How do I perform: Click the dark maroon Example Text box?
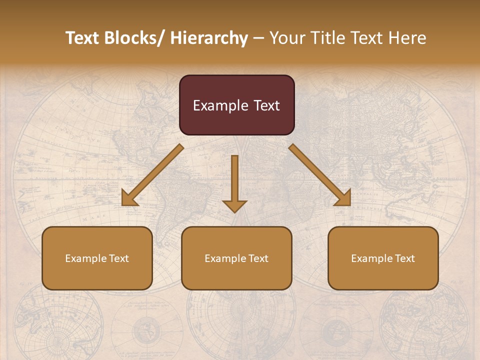(x=236, y=105)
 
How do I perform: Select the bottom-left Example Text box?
(x=97, y=258)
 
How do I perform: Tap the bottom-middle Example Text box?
(x=236, y=258)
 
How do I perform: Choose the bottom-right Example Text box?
(x=383, y=258)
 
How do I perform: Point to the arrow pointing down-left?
(x=153, y=175)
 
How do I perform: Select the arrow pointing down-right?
(x=320, y=175)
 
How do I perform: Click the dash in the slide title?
(x=258, y=38)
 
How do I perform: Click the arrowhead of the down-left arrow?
(x=129, y=198)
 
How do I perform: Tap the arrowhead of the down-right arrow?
(x=343, y=198)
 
